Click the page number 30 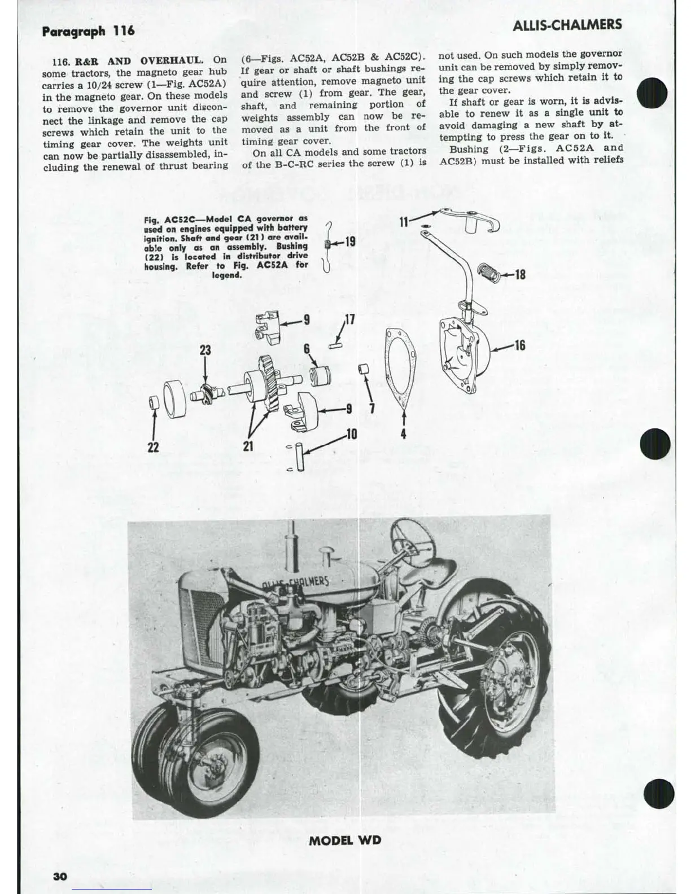click(x=60, y=875)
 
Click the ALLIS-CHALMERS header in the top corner click(x=568, y=24)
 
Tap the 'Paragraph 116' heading click(x=88, y=30)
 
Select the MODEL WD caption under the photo click(x=345, y=840)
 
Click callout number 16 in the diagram click(x=519, y=344)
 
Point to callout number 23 click(x=205, y=350)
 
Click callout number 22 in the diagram click(x=153, y=447)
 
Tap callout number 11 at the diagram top click(x=404, y=221)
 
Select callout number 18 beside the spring click(x=520, y=274)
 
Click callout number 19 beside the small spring click(x=349, y=242)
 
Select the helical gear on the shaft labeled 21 click(x=269, y=378)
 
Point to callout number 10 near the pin click(x=351, y=434)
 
